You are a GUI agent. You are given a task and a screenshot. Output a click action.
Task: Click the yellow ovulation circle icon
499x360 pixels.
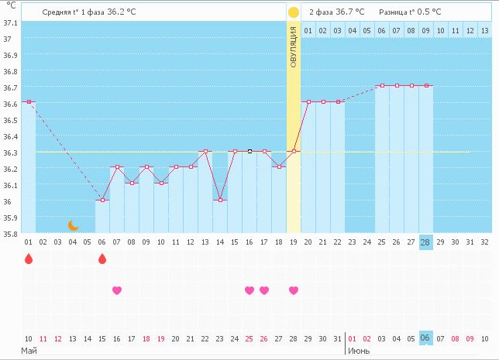(293, 12)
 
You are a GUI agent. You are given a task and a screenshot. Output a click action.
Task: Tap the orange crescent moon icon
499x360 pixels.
(74, 225)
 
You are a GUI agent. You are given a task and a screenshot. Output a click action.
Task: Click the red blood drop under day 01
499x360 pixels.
(29, 259)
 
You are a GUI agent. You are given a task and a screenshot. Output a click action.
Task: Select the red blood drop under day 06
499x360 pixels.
(102, 259)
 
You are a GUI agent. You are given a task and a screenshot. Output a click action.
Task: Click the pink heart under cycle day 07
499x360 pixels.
(117, 290)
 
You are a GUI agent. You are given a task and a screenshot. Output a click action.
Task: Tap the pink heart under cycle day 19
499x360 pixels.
(294, 290)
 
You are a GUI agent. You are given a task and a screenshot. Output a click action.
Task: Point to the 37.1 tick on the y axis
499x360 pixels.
(10, 23)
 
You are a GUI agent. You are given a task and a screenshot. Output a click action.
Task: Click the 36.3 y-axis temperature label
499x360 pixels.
(10, 153)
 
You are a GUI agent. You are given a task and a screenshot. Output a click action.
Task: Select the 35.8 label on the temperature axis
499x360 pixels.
(10, 234)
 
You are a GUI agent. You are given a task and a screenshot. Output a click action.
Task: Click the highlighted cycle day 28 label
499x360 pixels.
(426, 242)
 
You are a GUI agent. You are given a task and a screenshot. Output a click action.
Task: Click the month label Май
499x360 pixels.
(29, 351)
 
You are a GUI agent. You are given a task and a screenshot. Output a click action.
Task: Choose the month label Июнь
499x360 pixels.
(358, 351)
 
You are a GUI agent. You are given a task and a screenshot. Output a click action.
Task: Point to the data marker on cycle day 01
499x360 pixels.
(29, 102)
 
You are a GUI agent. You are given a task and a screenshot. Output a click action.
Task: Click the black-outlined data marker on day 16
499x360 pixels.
(250, 152)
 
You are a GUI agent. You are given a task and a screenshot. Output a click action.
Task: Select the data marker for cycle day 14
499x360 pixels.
(220, 200)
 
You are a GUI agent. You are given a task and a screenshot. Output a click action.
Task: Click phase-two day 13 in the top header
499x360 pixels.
(484, 30)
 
